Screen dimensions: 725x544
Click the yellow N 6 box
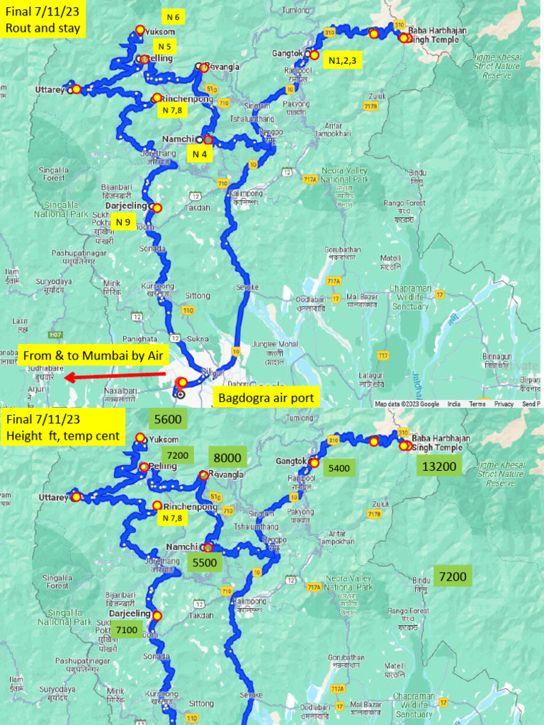click(x=174, y=16)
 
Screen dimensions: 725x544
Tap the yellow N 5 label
click(x=174, y=47)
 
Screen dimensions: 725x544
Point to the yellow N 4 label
click(x=199, y=154)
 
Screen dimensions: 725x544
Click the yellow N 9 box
click(x=123, y=222)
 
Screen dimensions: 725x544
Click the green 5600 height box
click(x=167, y=419)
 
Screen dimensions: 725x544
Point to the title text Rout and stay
click(x=42, y=29)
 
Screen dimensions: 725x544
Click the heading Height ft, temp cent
click(x=62, y=435)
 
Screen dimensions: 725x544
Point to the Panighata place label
click(x=140, y=319)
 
